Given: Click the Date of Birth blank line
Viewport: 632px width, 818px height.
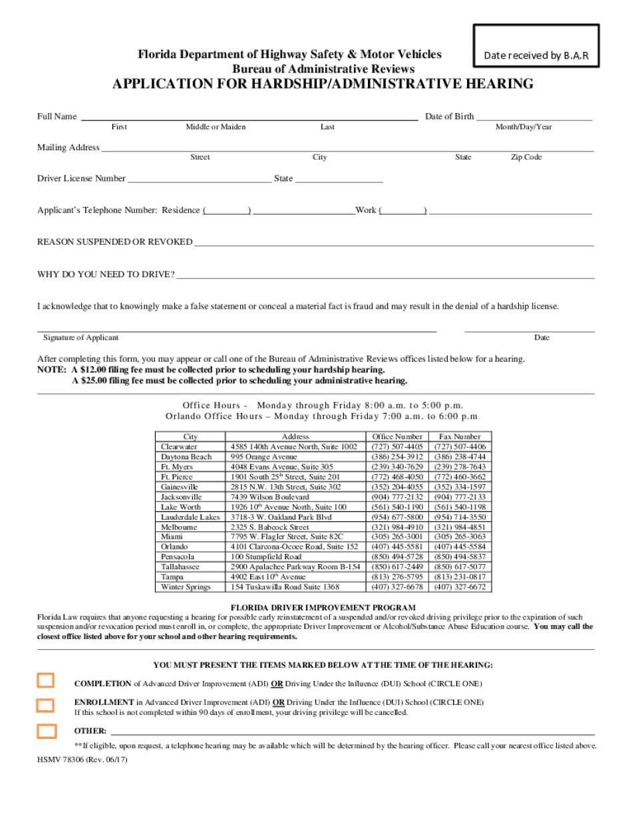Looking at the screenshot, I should (534, 117).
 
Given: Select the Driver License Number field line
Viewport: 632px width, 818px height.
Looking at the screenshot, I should (199, 179).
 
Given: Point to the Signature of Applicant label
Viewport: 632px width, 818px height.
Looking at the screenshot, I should (80, 338).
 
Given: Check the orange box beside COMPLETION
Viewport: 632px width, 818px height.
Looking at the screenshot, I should (46, 680).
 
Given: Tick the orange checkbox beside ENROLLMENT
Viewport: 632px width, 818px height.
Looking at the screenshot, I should (46, 706).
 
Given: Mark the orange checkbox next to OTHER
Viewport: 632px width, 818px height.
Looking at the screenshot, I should (47, 731).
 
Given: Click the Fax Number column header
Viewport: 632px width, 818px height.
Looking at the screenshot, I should (460, 437).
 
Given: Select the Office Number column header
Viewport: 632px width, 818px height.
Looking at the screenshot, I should (397, 437).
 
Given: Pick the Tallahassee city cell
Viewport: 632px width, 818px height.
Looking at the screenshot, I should (180, 567).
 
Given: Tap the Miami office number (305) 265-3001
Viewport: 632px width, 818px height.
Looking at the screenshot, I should (396, 537).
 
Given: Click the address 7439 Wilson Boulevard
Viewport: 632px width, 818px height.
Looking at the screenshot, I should (269, 497).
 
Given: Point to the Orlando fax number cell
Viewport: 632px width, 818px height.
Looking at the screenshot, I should (460, 547).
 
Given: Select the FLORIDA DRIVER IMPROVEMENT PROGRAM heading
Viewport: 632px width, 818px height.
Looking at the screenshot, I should (323, 608).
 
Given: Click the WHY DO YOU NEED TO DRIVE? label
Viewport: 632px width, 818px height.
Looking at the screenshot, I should (106, 275).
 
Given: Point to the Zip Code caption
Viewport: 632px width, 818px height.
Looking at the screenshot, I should (526, 158).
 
